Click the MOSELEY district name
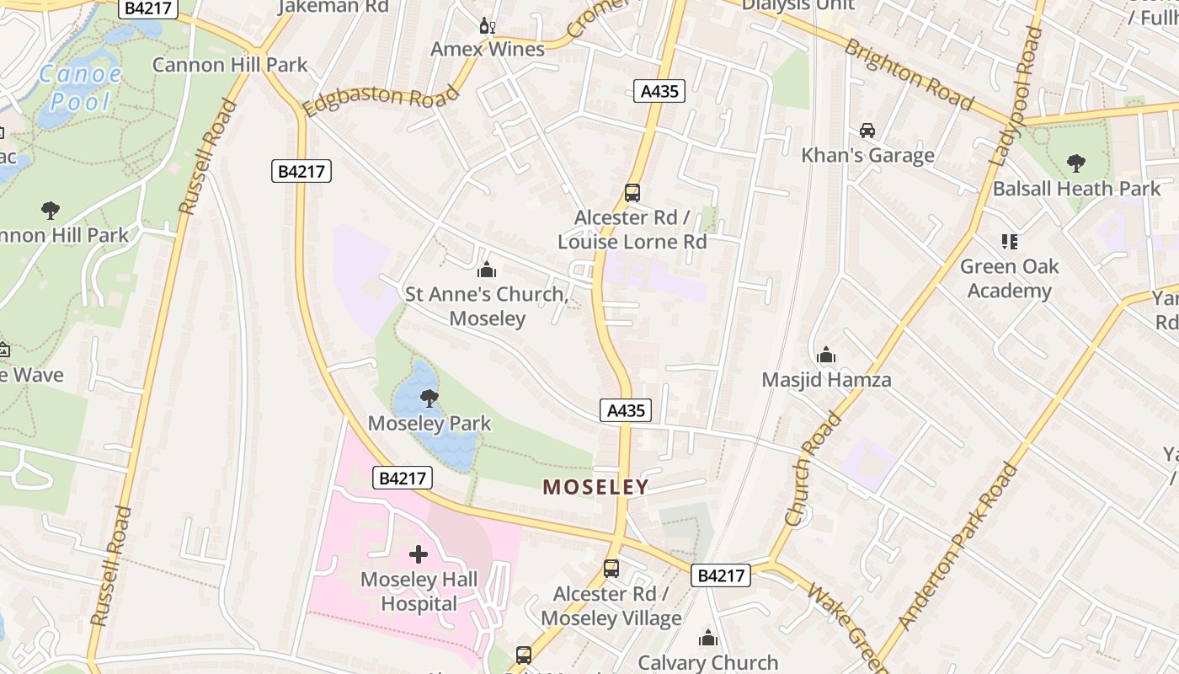[595, 487]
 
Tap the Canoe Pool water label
[81, 88]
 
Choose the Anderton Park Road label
[957, 547]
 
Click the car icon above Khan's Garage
[867, 131]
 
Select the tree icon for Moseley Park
[429, 398]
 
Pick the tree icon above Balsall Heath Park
[1075, 163]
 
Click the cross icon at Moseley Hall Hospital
[419, 554]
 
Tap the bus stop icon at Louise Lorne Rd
[632, 193]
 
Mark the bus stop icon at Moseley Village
[611, 569]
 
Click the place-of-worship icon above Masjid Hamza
[826, 355]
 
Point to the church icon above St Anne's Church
[486, 270]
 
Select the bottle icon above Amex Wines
[487, 26]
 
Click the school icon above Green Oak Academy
[1009, 242]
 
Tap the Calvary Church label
[708, 663]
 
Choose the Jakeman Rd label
[333, 7]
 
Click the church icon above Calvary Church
[708, 638]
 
